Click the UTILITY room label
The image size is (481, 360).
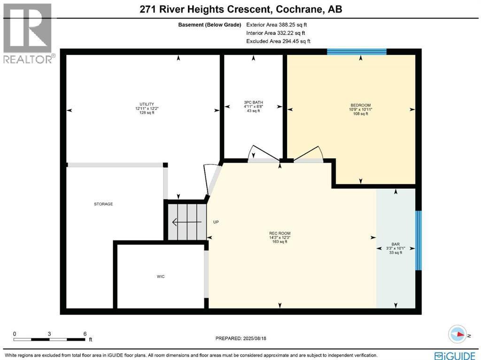click(147, 104)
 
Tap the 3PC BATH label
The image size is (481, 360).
click(253, 102)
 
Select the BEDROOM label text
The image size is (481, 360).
click(360, 105)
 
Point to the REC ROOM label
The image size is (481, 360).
click(280, 233)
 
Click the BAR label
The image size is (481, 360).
click(396, 244)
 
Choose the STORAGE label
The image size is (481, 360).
click(103, 204)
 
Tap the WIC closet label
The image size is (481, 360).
click(161, 276)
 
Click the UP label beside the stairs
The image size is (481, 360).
click(216, 222)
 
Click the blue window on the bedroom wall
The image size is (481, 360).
click(357, 52)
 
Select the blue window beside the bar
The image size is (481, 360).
click(419, 240)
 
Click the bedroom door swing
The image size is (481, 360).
click(308, 154)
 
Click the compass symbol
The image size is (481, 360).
click(458, 335)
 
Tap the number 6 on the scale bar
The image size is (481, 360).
click(85, 334)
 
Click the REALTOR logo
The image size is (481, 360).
click(28, 33)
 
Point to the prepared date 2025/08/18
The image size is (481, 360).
click(255, 338)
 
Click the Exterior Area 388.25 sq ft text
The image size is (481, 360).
click(276, 25)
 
